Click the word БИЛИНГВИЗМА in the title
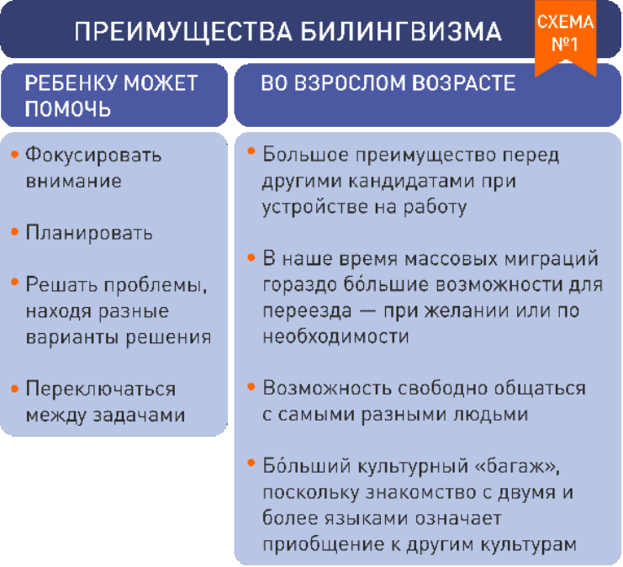tap(400, 31)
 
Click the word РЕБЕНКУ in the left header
tap(71, 83)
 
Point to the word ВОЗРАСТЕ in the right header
tap(463, 83)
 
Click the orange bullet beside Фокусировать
tap(14, 154)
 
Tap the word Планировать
tap(89, 233)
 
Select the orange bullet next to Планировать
tap(14, 232)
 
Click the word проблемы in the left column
tap(156, 285)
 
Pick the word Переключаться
tap(101, 389)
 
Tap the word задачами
tap(139, 416)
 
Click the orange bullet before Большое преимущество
tap(251, 151)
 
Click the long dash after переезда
tap(368, 311)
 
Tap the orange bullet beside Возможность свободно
tap(251, 386)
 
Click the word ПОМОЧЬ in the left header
tap(67, 109)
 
